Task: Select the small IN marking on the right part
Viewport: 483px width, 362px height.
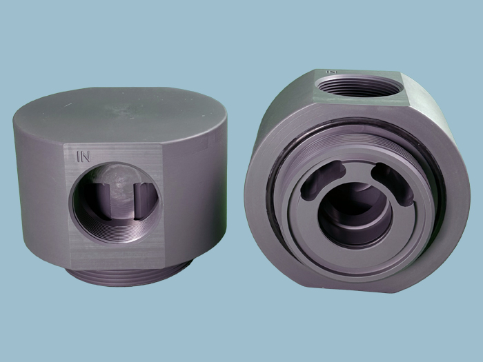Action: point(331,72)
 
